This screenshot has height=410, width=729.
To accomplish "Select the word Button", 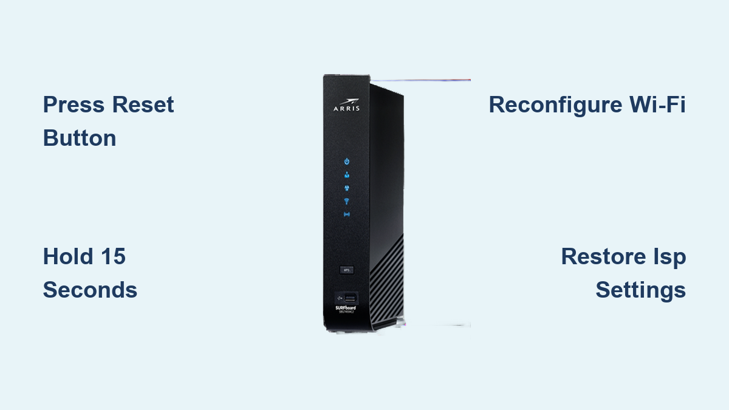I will [79, 138].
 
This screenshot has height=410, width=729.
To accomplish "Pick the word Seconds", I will [90, 290].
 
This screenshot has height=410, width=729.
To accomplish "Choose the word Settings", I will [640, 290].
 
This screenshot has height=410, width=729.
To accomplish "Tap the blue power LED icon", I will [347, 162].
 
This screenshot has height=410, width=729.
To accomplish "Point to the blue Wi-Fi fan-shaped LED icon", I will [347, 201].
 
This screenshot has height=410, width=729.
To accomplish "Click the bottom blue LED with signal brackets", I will [347, 214].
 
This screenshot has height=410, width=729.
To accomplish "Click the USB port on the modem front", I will [349, 298].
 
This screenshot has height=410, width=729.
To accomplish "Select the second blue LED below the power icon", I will [347, 175].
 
